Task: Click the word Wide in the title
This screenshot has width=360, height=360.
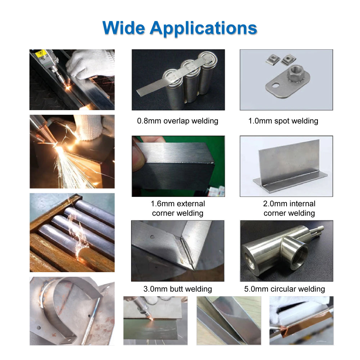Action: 123,27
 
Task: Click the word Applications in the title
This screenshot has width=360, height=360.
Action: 203,28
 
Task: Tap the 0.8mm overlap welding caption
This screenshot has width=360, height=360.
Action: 177,121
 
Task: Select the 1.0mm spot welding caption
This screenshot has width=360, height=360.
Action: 283,121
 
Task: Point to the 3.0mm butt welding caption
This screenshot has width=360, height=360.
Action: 177,289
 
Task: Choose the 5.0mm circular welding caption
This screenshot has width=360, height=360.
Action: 284,289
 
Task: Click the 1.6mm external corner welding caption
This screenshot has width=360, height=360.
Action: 177,208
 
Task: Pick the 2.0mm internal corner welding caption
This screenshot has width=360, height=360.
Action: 289,208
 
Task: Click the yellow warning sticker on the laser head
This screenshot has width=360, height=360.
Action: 41,53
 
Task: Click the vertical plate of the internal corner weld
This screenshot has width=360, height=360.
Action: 288,158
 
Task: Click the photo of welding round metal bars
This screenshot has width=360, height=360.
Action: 72,232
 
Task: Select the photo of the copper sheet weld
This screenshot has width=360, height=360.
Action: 301,320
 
